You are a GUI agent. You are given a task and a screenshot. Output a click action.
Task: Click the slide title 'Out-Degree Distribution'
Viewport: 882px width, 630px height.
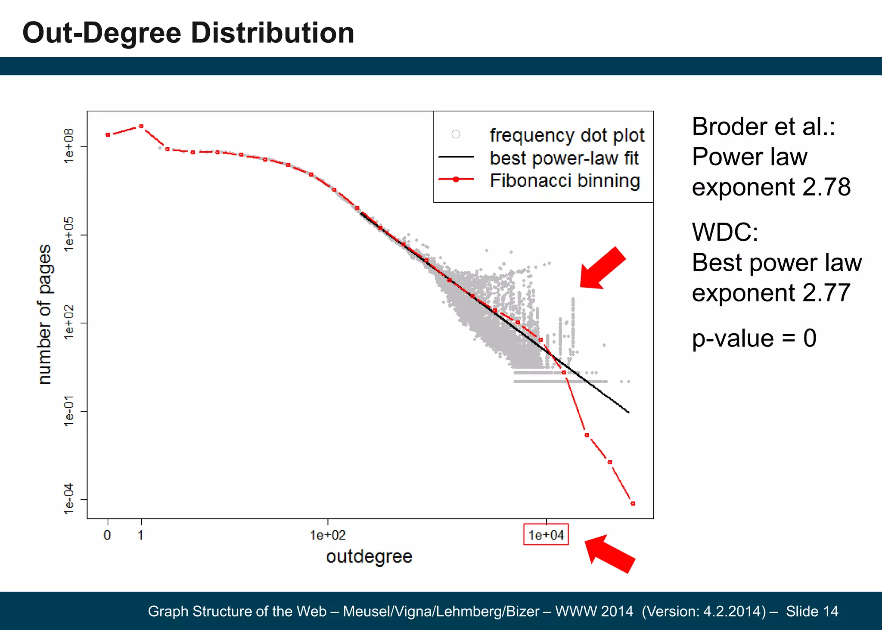pyautogui.click(x=188, y=33)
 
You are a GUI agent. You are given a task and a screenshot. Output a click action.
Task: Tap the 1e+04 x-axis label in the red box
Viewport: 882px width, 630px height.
pyautogui.click(x=546, y=535)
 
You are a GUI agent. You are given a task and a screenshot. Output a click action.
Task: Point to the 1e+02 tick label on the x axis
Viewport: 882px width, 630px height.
pyautogui.click(x=328, y=535)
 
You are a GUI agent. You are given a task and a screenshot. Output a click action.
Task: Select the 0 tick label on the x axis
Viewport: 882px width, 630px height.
pyautogui.click(x=107, y=535)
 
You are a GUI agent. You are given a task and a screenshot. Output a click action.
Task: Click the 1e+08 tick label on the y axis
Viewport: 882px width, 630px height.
pyautogui.click(x=69, y=146)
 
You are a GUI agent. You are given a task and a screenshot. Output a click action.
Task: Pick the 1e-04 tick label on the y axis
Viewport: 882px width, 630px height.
pyautogui.click(x=69, y=499)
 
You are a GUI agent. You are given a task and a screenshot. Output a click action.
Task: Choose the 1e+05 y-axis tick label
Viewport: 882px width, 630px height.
pyautogui.click(x=69, y=235)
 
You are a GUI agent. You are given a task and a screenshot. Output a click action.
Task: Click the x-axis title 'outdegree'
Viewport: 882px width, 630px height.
pyautogui.click(x=369, y=556)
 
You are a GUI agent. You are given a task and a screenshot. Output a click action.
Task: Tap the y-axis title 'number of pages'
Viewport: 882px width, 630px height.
pyautogui.click(x=44, y=314)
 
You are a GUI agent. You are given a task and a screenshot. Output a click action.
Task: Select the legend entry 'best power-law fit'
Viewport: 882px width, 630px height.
pyautogui.click(x=564, y=158)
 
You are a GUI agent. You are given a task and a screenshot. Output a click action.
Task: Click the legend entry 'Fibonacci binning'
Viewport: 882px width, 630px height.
pyautogui.click(x=565, y=180)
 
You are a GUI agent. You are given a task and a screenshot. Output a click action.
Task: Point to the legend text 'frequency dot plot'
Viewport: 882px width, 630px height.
pyautogui.click(x=567, y=135)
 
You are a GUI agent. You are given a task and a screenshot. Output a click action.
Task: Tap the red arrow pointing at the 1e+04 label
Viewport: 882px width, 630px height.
pyautogui.click(x=609, y=554)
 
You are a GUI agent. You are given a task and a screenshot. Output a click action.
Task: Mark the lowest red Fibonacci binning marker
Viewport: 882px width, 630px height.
pyautogui.click(x=633, y=503)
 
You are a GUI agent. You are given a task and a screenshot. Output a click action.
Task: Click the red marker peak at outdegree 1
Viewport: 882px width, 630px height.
pyautogui.click(x=141, y=126)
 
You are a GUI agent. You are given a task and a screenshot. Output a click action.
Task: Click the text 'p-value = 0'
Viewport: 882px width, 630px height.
pyautogui.click(x=754, y=338)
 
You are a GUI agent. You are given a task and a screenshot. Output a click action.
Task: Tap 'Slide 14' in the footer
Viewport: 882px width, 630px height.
pyautogui.click(x=812, y=611)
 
